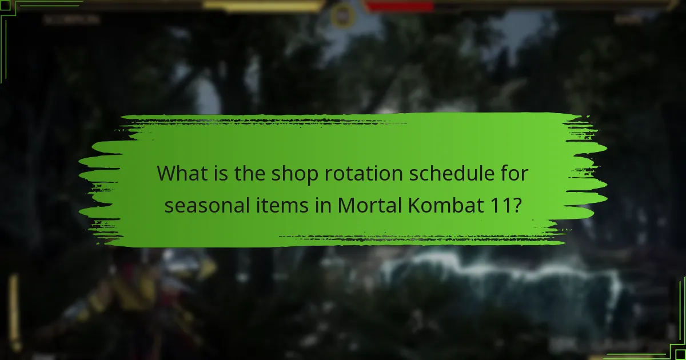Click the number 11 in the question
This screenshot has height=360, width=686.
pyautogui.click(x=499, y=204)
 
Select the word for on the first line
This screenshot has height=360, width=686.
pyautogui.click(x=513, y=173)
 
